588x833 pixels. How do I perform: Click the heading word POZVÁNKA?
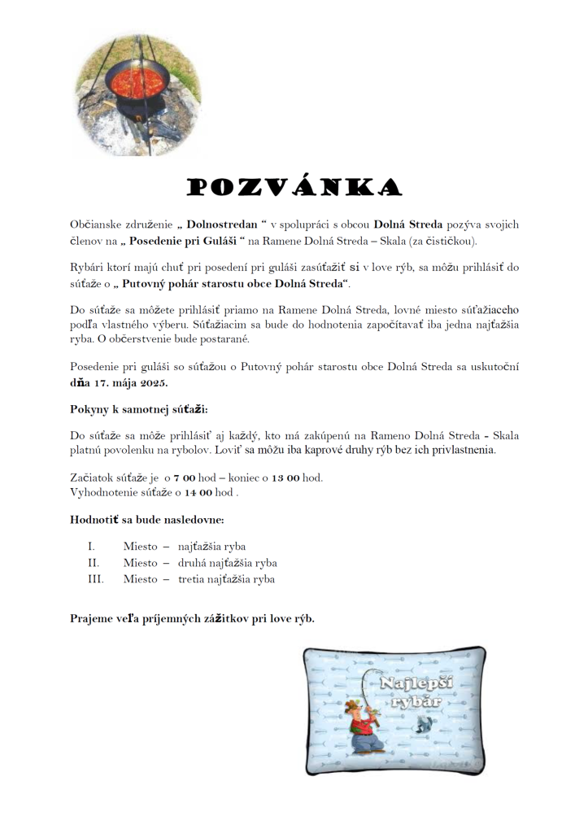[x=294, y=188]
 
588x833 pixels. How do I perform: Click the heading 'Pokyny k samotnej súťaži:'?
[x=145, y=411]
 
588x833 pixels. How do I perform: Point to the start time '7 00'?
[x=185, y=478]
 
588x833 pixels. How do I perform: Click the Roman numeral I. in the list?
[x=92, y=547]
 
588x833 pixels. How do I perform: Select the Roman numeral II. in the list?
[x=94, y=563]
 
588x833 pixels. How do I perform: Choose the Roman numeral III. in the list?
[x=95, y=579]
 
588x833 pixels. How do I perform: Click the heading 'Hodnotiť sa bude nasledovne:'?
[x=147, y=519]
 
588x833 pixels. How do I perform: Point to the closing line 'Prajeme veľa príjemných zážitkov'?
[x=192, y=618]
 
